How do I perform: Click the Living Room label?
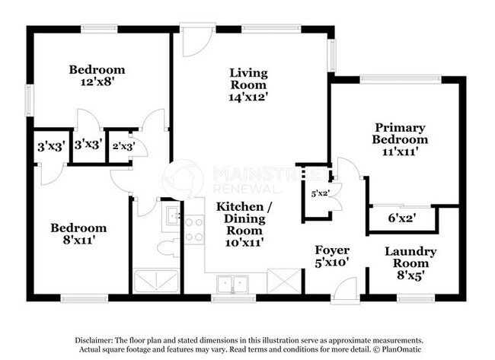click(x=249, y=84)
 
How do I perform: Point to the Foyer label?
click(x=333, y=256)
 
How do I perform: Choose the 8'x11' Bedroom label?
click(x=78, y=234)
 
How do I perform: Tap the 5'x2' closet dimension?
click(x=319, y=193)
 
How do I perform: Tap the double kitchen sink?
click(x=233, y=285)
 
